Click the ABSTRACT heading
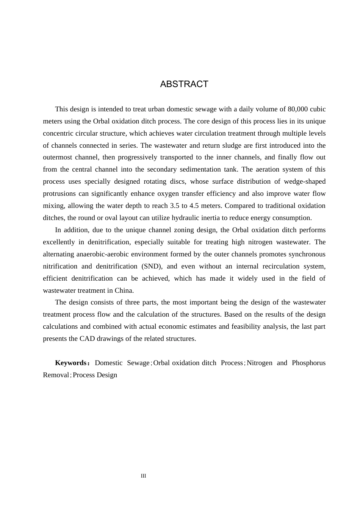pyautogui.click(x=184, y=84)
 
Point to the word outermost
pyautogui.click(x=57, y=158)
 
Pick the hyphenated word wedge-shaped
pyautogui.click(x=305, y=182)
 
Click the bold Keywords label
pyautogui.click(x=71, y=363)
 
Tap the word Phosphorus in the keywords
pyautogui.click(x=308, y=363)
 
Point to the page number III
pyautogui.click(x=143, y=476)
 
